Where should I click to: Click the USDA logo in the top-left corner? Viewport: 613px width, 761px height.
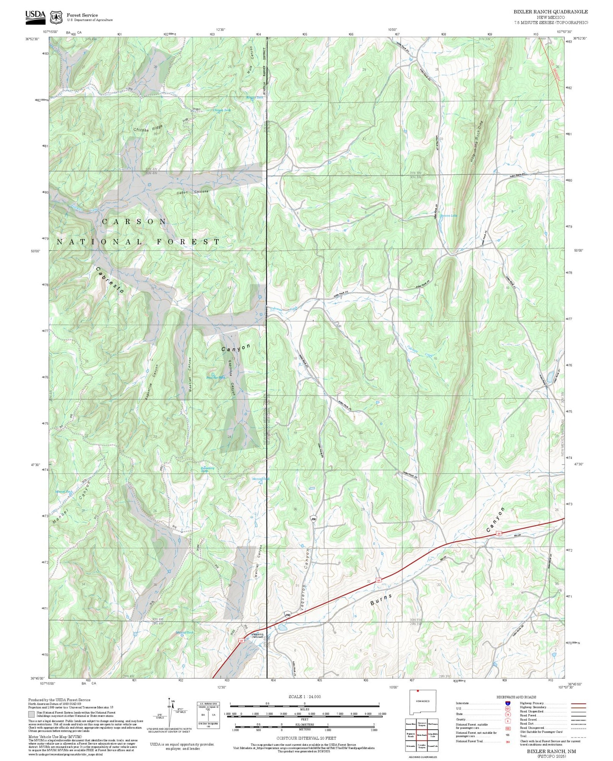(x=35, y=16)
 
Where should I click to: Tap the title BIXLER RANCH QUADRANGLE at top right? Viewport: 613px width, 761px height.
(x=551, y=11)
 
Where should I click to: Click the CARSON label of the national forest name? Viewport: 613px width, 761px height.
(x=134, y=221)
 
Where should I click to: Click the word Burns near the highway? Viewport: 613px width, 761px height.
(x=381, y=599)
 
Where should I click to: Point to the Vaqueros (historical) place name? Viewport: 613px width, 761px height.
(x=258, y=635)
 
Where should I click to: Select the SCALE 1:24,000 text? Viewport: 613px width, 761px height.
(x=304, y=697)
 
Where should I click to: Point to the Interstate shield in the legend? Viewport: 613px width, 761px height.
(x=508, y=703)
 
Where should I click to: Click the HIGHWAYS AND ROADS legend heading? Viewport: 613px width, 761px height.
(x=516, y=697)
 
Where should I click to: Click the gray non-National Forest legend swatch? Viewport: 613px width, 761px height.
(x=31, y=714)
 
